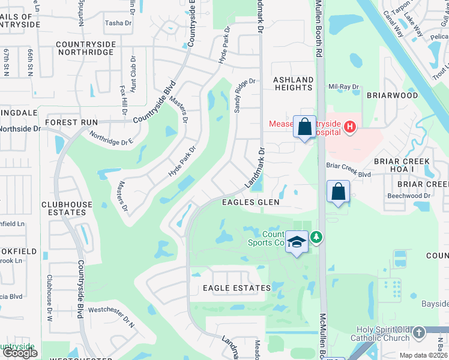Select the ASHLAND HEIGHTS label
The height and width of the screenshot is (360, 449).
[x=294, y=83]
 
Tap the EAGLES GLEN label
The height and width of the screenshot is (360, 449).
[x=251, y=202]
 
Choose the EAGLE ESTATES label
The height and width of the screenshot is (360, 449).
[x=237, y=288]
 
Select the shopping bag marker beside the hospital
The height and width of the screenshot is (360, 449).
[x=304, y=127]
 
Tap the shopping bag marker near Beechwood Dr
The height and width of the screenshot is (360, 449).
[x=339, y=192]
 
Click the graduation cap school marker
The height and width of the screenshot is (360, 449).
[x=297, y=242]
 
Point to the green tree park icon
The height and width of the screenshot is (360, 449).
[x=316, y=238]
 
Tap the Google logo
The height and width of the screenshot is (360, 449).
[x=20, y=353]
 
